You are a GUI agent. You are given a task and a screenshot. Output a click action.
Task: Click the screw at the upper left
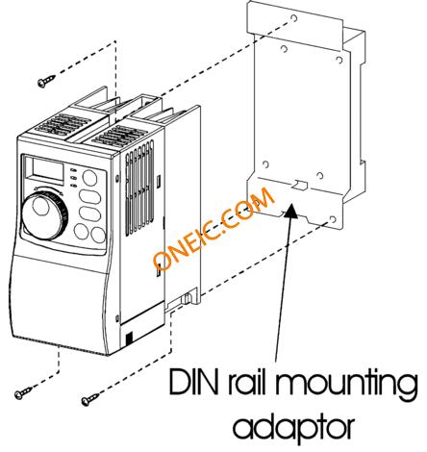(x=46, y=81)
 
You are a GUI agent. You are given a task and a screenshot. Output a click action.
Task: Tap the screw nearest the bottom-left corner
(x=23, y=393)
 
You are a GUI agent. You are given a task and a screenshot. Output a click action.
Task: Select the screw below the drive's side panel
(x=89, y=399)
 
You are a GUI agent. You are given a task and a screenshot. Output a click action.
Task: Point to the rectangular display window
(x=48, y=169)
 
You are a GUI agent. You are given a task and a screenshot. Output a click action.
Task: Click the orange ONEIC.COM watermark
(x=213, y=228)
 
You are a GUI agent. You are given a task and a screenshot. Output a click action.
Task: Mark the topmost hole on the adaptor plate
(x=293, y=18)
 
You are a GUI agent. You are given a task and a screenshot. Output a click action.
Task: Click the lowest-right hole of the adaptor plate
(x=333, y=219)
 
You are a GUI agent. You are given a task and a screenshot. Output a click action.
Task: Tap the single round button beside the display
(x=90, y=178)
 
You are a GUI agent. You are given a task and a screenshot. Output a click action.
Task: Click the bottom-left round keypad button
(x=81, y=232)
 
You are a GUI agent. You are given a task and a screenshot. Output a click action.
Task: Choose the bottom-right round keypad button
(x=98, y=235)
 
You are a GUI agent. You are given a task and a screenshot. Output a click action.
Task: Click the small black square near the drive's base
(x=129, y=339)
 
